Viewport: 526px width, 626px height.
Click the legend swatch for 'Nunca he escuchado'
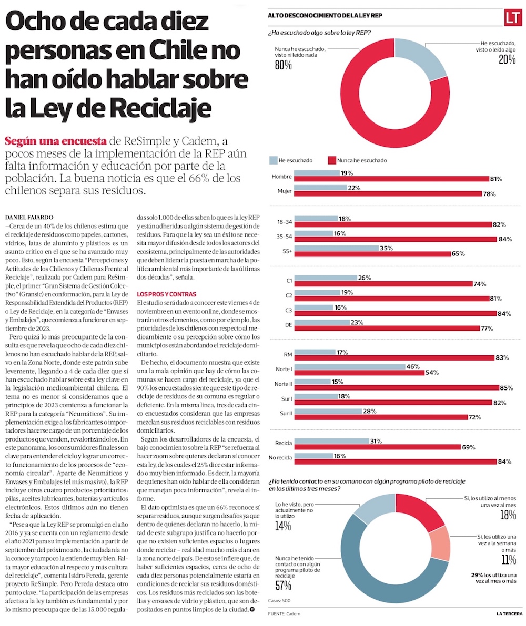tap(331, 160)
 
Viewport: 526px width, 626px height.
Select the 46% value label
tap(412, 366)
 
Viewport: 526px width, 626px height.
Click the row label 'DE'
tap(288, 325)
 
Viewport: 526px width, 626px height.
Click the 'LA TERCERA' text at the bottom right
tap(509, 614)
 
